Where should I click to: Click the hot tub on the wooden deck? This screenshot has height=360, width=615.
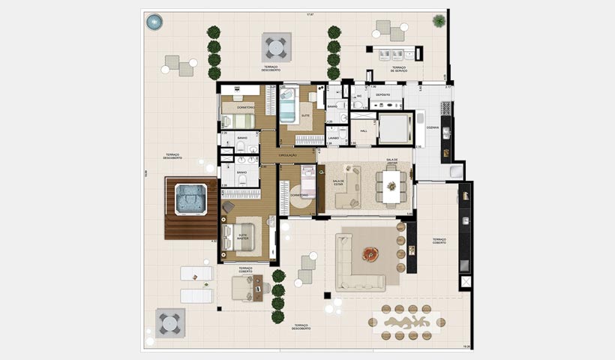190,199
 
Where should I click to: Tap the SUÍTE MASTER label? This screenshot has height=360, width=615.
243,236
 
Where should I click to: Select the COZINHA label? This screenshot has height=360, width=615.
433,128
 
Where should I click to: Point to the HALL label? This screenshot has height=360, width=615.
364,131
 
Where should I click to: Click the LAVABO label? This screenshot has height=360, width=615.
334,138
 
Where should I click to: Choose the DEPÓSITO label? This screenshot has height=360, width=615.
382,95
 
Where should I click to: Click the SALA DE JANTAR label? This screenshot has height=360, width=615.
391,162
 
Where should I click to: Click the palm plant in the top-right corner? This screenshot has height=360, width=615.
439,21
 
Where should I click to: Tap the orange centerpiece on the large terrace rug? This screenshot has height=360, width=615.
370,254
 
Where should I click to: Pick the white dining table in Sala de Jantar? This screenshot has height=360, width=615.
391,185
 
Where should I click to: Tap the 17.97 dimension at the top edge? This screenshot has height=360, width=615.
309,14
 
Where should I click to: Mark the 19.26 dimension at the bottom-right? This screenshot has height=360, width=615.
465,346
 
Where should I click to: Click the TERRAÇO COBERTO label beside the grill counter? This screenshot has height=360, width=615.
439,241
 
